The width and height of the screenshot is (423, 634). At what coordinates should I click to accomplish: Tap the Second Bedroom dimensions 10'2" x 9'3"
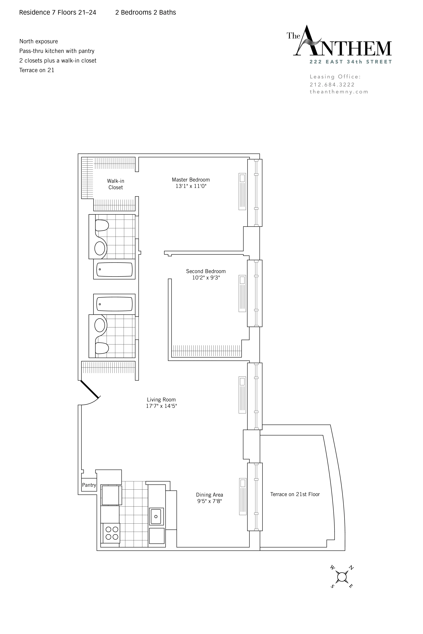point(206,278)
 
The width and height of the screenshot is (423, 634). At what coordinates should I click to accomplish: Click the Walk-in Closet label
point(115,184)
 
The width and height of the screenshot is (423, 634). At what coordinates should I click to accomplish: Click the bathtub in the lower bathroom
point(114,304)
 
